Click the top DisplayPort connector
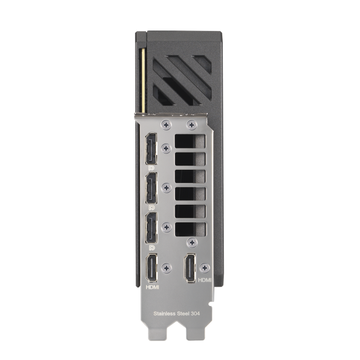point(151,150)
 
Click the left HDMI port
point(151,269)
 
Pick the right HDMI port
point(190,269)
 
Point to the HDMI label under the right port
point(204,279)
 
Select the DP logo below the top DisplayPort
point(151,168)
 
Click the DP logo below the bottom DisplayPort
point(151,247)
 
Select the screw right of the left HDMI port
point(167,269)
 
